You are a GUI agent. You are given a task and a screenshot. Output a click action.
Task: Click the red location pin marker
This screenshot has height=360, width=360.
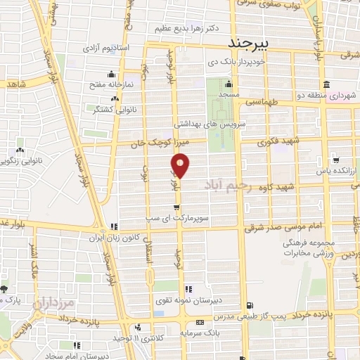tap(181, 166)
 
